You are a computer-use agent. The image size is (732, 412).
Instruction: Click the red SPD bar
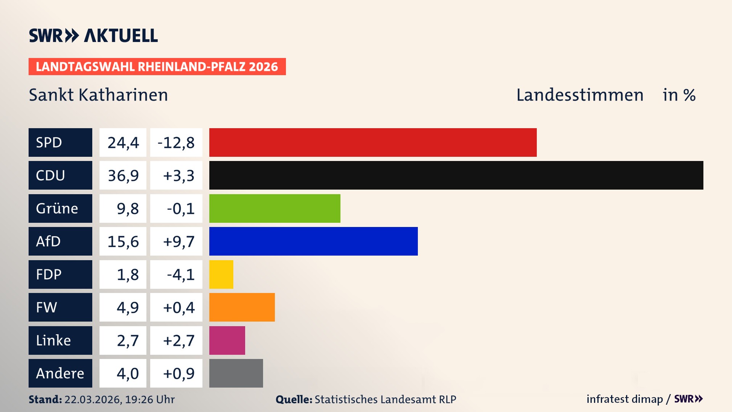pyautogui.click(x=373, y=142)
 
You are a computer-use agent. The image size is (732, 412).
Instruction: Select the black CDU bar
pyautogui.click(x=456, y=175)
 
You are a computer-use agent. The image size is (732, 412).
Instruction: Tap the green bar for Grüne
pyautogui.click(x=274, y=208)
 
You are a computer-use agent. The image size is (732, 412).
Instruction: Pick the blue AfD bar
pyautogui.click(x=313, y=241)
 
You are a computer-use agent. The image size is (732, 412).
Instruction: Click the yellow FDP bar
pyautogui.click(x=221, y=274)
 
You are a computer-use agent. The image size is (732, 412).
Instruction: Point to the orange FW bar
pyautogui.click(x=242, y=307)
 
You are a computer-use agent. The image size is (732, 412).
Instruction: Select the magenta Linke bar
pyautogui.click(x=227, y=340)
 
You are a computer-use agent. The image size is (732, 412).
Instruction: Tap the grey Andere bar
pyautogui.click(x=236, y=373)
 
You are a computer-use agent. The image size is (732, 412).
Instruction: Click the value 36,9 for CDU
pyautogui.click(x=123, y=175)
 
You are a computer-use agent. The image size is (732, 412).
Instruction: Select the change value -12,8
pyautogui.click(x=176, y=143)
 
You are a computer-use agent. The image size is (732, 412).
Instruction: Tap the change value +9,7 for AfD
pyautogui.click(x=178, y=241)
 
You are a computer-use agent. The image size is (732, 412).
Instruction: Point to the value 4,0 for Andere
pyautogui.click(x=127, y=373)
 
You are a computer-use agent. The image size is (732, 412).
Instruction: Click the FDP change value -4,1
pyautogui.click(x=180, y=275)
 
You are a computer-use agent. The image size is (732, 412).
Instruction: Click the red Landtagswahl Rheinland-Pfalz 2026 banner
pyautogui.click(x=157, y=67)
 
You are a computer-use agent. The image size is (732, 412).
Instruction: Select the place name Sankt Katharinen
pyautogui.click(x=98, y=95)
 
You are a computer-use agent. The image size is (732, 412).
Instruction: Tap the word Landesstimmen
pyautogui.click(x=579, y=95)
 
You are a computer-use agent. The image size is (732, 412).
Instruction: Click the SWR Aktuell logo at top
pyautogui.click(x=93, y=35)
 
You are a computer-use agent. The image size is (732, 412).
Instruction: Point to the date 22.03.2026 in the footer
pyautogui.click(x=93, y=399)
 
